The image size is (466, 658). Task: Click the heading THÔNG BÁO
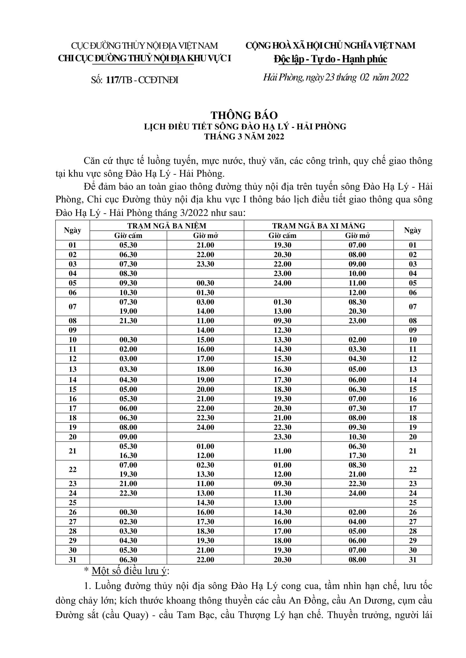click(244, 115)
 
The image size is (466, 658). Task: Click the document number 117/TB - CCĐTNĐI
click(142, 80)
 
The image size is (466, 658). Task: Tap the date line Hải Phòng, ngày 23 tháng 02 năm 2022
click(336, 77)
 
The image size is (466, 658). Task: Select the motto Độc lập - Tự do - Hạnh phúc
click(330, 59)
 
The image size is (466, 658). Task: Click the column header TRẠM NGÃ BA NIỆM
click(167, 226)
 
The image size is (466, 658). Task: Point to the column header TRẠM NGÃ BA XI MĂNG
click(319, 226)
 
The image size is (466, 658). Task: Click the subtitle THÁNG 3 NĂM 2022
click(244, 137)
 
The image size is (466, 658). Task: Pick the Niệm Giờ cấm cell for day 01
click(128, 245)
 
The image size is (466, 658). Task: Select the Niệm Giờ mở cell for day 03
click(205, 264)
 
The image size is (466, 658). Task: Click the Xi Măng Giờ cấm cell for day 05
click(282, 283)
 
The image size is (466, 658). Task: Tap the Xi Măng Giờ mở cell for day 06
click(357, 293)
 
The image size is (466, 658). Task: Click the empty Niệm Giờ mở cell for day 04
click(205, 273)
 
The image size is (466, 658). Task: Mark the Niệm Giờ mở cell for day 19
click(205, 427)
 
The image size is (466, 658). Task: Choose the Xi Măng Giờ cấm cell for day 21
click(282, 451)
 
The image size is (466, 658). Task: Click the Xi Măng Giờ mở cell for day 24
click(357, 493)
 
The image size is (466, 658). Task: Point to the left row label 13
click(73, 369)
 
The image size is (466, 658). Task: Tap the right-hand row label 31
click(413, 560)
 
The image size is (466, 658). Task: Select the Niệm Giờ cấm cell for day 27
click(128, 522)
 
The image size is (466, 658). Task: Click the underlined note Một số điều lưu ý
click(129, 571)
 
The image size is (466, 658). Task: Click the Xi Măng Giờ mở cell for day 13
click(357, 369)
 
